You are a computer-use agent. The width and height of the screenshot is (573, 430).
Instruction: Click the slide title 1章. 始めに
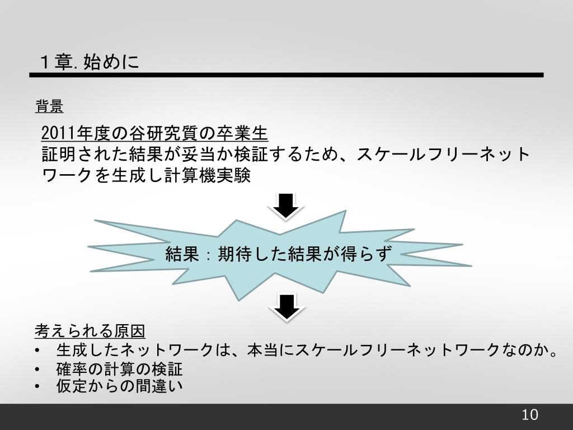pos(89,62)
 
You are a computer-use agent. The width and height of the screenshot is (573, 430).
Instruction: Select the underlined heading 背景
pos(49,106)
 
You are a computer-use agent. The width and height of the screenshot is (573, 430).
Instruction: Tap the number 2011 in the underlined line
pos(58,134)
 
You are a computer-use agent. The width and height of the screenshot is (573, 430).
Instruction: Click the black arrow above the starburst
pos(286,205)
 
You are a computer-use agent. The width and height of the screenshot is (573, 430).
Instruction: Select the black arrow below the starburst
pos(286,306)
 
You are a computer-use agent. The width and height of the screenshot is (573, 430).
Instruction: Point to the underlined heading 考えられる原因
pos(90,331)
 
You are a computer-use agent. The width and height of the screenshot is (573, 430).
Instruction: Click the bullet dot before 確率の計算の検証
pos(37,370)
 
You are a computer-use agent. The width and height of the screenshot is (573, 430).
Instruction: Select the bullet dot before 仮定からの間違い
pos(37,386)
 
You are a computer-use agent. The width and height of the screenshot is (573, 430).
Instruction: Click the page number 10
pos(529,415)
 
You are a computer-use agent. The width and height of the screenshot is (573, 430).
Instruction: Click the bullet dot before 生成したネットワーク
pos(37,351)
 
